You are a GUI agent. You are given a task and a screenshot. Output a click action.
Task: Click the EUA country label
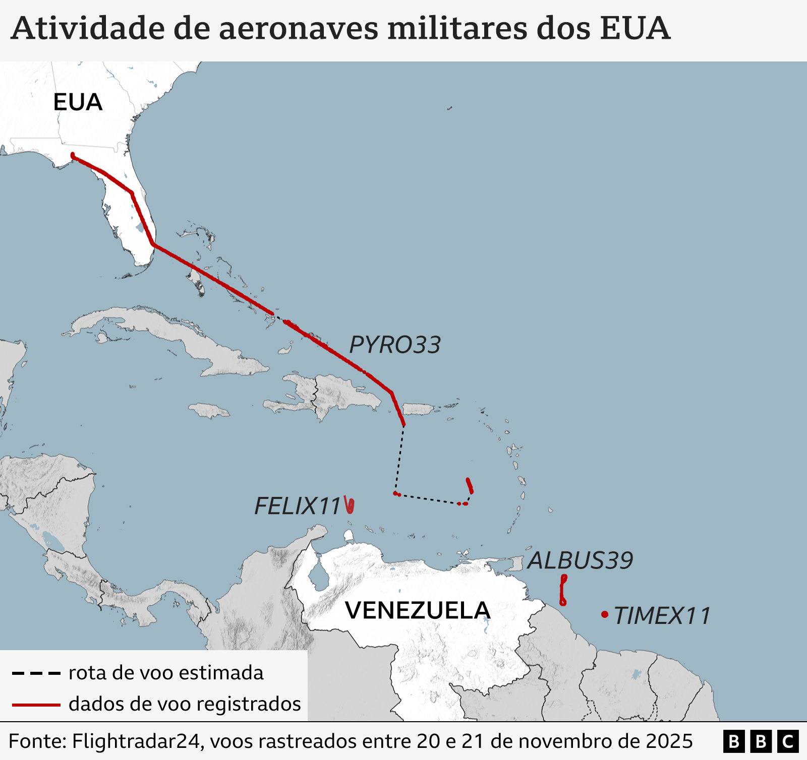(x=78, y=102)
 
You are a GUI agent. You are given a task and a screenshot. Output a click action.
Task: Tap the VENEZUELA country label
(x=418, y=610)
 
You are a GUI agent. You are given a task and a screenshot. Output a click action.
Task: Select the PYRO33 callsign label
(x=395, y=345)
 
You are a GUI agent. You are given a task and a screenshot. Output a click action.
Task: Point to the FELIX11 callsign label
(x=298, y=506)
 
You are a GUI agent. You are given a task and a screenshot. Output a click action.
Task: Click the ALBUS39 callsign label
(x=580, y=560)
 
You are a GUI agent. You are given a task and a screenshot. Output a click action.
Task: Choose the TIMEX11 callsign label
(x=662, y=615)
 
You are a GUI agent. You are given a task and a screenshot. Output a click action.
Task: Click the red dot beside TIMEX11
(x=604, y=614)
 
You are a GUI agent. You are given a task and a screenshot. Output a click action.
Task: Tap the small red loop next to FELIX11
(x=350, y=505)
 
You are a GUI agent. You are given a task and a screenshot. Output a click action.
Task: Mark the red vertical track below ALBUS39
(x=563, y=590)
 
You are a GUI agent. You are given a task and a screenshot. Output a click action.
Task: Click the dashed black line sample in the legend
(x=36, y=673)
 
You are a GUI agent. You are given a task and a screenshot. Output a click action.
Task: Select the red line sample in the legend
(x=36, y=705)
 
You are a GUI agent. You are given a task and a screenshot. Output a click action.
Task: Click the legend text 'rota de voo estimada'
(x=166, y=673)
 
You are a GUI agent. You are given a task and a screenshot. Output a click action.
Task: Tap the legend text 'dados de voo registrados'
(x=185, y=704)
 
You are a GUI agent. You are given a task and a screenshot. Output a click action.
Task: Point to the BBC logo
(x=761, y=741)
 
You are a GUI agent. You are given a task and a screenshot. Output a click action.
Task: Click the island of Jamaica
(x=209, y=410)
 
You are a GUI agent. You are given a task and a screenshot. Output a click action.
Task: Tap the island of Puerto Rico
(x=418, y=409)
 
